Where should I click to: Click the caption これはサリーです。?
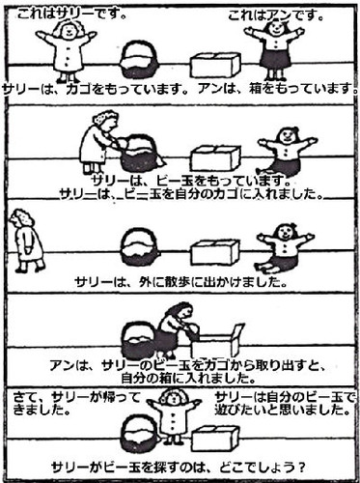point(71,14)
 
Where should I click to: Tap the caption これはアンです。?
point(276,15)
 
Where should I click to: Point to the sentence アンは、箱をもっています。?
point(278,88)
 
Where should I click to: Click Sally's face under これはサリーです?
point(69,30)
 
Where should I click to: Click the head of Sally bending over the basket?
point(105,120)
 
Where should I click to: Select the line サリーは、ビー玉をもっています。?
point(191,181)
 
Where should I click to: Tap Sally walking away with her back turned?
point(27,241)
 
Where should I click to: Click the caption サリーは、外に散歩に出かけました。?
point(180,282)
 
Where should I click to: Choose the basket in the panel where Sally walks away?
point(140,247)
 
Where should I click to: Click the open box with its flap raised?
point(217,341)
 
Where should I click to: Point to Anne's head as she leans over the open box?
point(180,311)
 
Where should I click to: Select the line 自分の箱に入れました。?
point(188,378)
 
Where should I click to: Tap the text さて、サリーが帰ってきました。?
point(77,404)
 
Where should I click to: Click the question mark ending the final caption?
point(301,467)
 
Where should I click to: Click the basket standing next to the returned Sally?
point(141,434)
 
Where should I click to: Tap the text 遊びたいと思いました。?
point(283,410)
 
